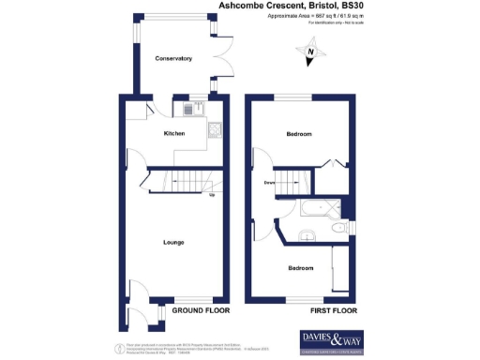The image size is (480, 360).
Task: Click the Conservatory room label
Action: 173,58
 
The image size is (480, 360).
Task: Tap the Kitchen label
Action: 174,134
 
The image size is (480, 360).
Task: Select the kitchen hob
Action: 214,129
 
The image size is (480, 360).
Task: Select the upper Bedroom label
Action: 300,134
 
